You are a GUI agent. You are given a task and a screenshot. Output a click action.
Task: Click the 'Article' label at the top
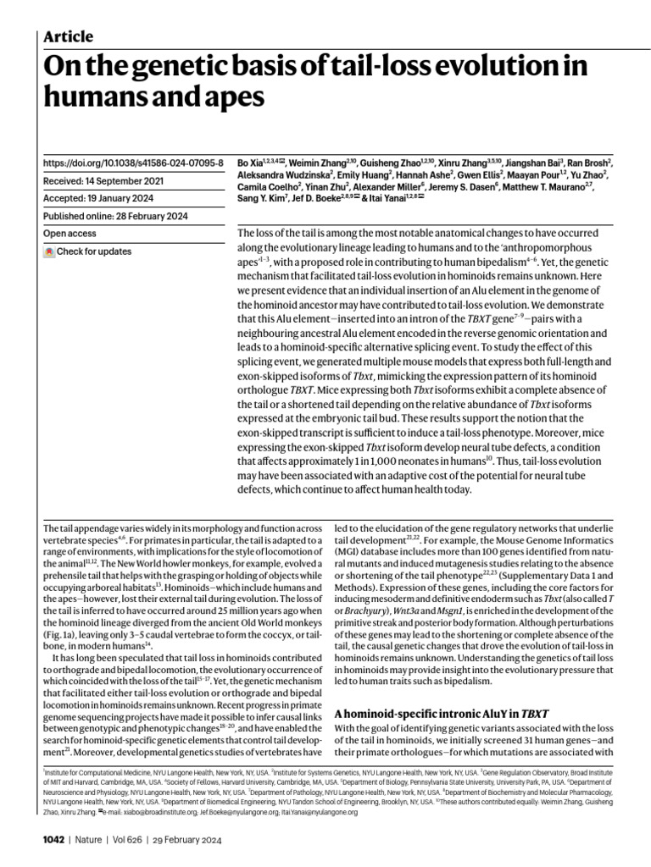click(x=67, y=36)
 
